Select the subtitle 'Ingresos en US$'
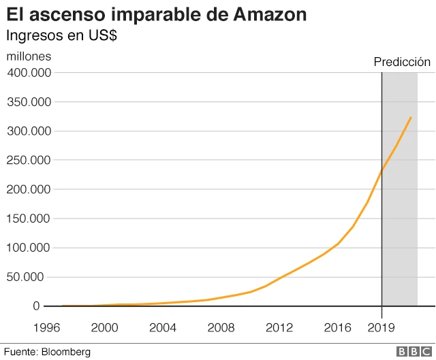[x=61, y=35]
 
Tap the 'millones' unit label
[x=29, y=56]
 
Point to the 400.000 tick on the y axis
[x=30, y=73]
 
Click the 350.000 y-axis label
[x=30, y=102]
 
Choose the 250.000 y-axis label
[x=30, y=161]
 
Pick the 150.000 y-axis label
[x=30, y=218]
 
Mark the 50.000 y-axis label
[x=33, y=277]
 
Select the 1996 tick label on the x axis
[x=46, y=327]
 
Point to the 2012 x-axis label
[x=280, y=327]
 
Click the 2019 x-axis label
[x=381, y=327]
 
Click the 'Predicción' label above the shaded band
[x=402, y=62]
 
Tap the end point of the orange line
[x=411, y=117]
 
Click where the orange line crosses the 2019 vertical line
[x=381, y=170]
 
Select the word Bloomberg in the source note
[x=66, y=352]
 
